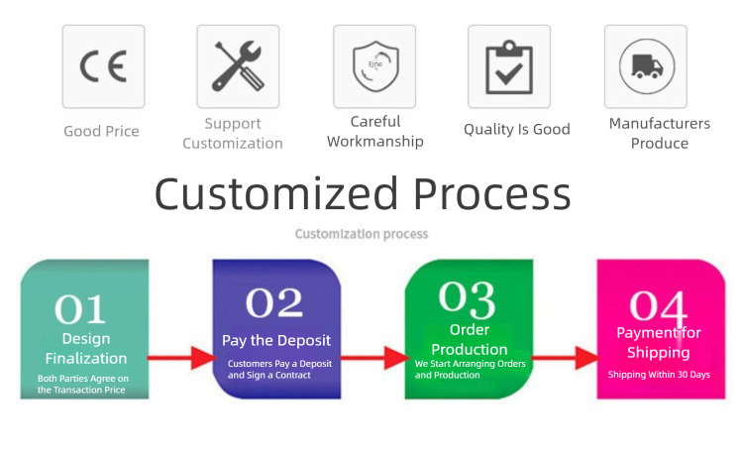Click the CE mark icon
[103, 66]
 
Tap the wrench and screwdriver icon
[238, 66]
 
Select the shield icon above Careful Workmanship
[374, 66]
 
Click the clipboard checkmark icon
[509, 66]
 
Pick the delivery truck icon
[645, 66]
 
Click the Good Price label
[101, 131]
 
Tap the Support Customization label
[233, 133]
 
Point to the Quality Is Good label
[517, 129]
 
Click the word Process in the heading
[492, 194]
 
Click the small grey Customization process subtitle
[362, 234]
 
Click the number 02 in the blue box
[274, 301]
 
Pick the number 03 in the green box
[467, 296]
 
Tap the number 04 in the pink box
[659, 305]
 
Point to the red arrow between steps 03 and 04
[568, 357]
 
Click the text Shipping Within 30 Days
[658, 374]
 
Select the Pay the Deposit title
[276, 340]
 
